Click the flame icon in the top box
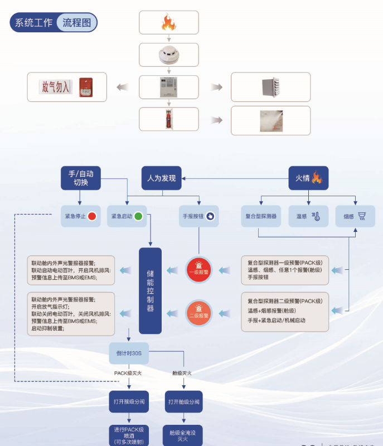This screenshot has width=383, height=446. point(168,23)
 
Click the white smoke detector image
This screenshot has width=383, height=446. point(168,55)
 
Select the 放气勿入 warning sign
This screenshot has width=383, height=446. point(56,86)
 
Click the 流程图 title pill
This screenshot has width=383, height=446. point(76,23)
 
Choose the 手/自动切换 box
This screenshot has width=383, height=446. point(81,178)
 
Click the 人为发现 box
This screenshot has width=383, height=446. point(161,178)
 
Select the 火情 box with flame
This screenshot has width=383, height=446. point(308,178)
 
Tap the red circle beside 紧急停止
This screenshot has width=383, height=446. point(92,216)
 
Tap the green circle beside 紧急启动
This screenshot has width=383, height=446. point(138,216)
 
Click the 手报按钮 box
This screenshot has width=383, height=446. point(198,216)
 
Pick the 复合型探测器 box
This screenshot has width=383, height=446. point(261,216)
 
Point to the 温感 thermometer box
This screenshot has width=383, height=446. point(308,216)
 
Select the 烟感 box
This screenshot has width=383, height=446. point(355,216)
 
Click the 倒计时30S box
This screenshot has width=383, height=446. point(129,352)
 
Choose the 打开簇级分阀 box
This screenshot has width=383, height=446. point(129,401)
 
